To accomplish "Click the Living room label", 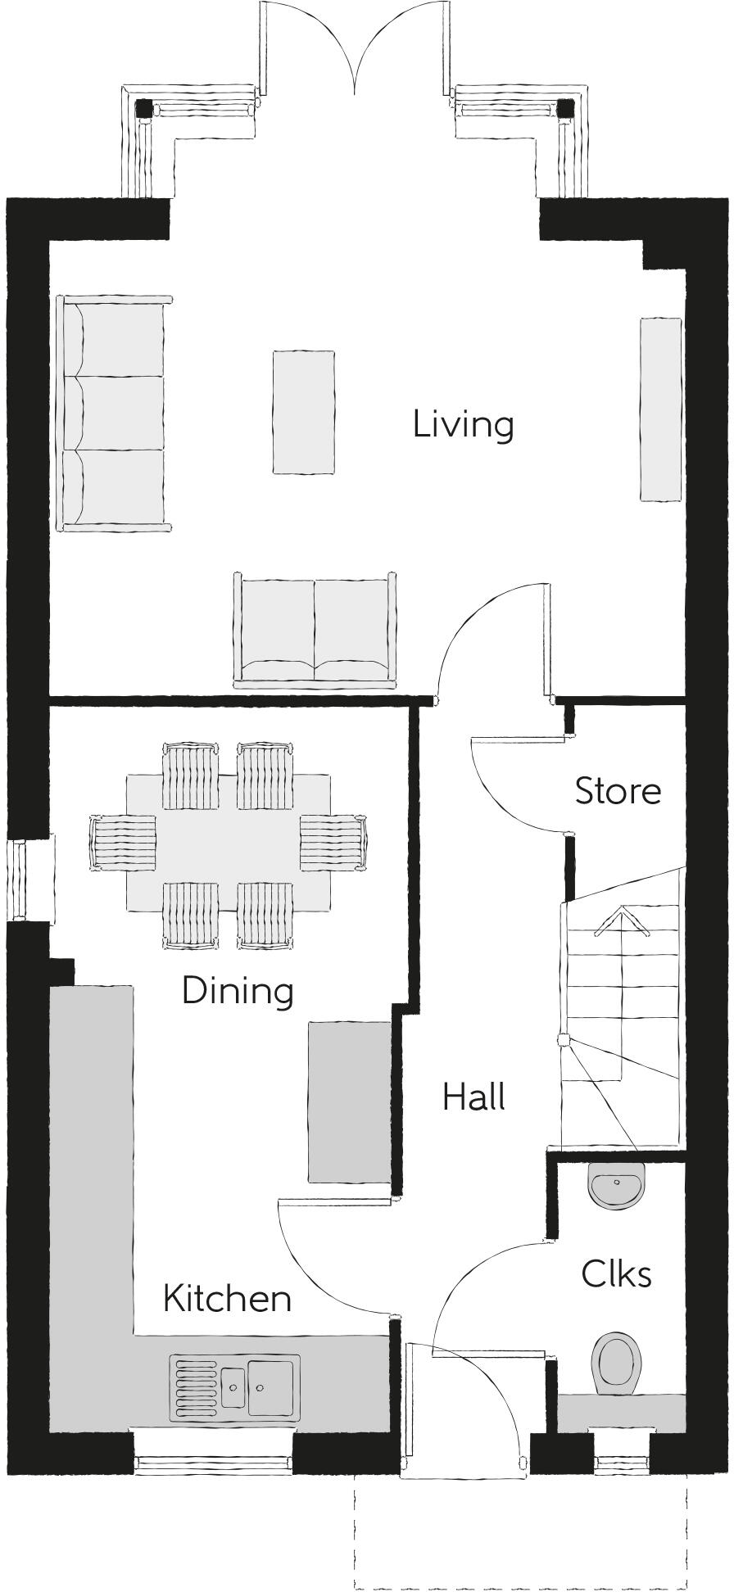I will coord(463,425).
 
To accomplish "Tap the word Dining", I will coord(238,991).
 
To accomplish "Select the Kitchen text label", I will coord(227,1299).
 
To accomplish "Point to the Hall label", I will coord(473,1097).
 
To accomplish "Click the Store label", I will coord(618,791).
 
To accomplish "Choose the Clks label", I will coord(616,1274).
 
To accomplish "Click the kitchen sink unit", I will coord(235,1387).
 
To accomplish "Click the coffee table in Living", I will coord(304,412).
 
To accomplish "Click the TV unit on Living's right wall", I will coord(660,409).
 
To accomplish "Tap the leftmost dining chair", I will coord(123,844).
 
